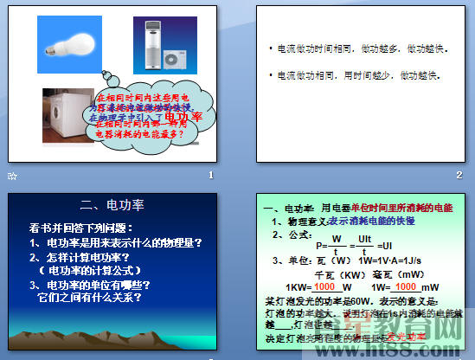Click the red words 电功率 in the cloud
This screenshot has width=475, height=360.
pyautogui.click(x=183, y=115)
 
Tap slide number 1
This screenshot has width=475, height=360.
pyautogui.click(x=210, y=176)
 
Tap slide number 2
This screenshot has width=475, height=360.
pyautogui.click(x=459, y=176)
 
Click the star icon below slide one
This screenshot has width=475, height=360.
pyautogui.click(x=11, y=176)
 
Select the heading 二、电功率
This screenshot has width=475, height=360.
pyautogui.click(x=111, y=206)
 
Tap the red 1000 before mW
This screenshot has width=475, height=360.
pyautogui.click(x=405, y=287)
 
